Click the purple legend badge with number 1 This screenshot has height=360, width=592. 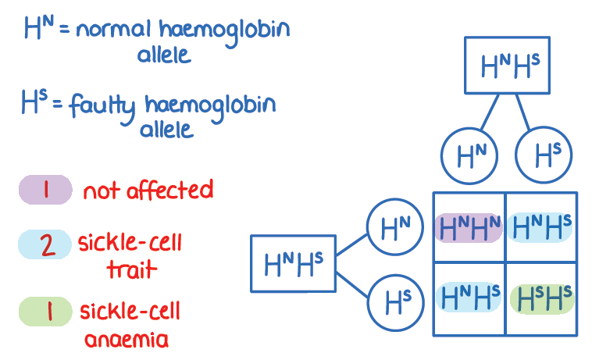coord(46,191)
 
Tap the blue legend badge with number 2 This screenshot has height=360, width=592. coord(46,245)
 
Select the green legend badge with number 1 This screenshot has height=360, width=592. coord(46,312)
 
